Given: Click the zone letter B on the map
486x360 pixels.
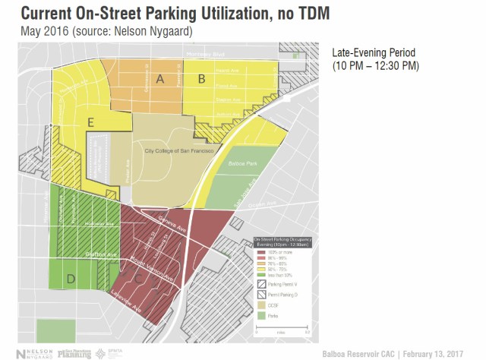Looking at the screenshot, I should click(202, 78).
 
